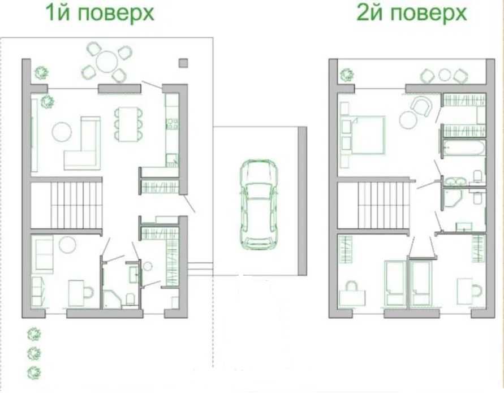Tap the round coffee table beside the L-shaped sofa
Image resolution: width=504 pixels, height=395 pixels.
(x=62, y=132)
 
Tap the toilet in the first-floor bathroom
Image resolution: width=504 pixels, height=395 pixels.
(x=130, y=299)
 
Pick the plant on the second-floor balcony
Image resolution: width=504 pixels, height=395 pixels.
(x=346, y=74)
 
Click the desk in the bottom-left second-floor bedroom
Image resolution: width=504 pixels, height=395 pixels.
(x=351, y=294)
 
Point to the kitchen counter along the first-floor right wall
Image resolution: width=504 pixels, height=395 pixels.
(x=171, y=128)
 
